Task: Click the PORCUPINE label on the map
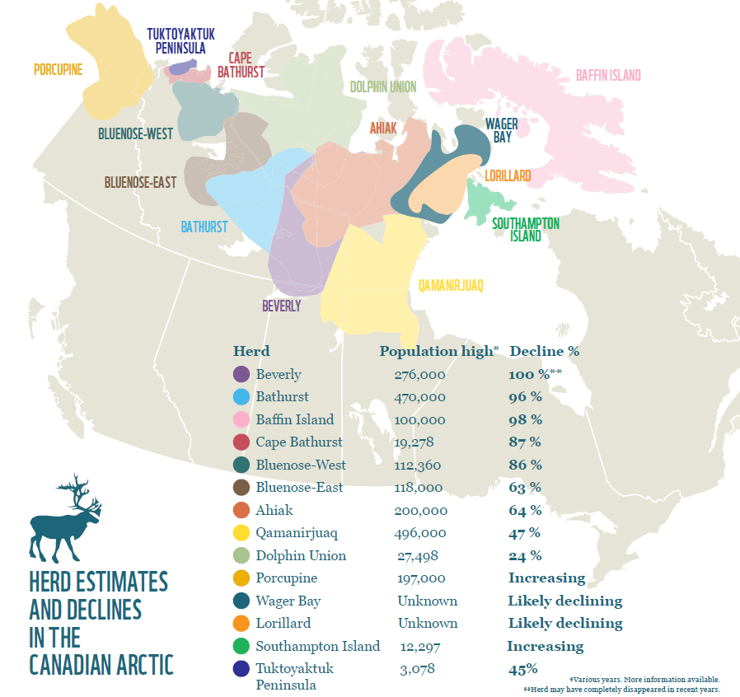(x=58, y=70)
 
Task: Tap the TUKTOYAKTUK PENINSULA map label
(x=180, y=41)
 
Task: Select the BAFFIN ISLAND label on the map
(x=607, y=76)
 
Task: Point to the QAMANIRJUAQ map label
(x=450, y=286)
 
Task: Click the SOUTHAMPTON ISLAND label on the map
(x=525, y=230)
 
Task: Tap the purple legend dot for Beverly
(x=241, y=375)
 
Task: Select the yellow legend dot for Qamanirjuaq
(x=241, y=533)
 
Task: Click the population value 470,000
(x=419, y=397)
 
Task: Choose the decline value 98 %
(x=525, y=419)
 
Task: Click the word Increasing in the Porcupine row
(x=546, y=578)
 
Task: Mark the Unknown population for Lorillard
(x=427, y=624)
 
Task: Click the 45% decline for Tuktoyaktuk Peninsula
(x=522, y=669)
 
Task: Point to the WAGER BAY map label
(x=501, y=131)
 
